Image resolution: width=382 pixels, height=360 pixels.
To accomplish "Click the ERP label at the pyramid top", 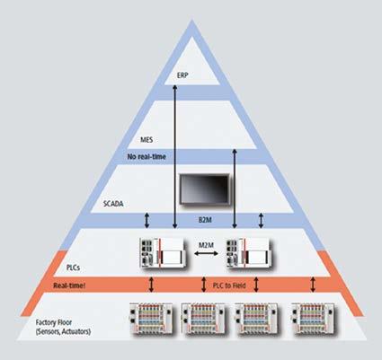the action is pos(182,75).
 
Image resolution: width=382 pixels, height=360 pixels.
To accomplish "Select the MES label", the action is pos(147,140).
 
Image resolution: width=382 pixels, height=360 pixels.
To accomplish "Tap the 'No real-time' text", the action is pos(147,156).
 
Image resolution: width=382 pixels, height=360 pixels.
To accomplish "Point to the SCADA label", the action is pos(113,204).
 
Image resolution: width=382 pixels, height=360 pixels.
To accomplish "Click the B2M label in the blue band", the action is pos(205,220).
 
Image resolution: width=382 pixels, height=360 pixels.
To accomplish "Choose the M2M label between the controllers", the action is pos(207,245).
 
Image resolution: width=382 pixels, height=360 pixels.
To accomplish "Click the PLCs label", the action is pos(73,268).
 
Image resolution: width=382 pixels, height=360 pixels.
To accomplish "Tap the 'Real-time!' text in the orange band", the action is pos(69,285).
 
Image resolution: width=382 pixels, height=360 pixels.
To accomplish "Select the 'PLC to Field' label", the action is pos(229,285).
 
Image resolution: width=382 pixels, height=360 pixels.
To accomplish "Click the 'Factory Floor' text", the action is pos(54,322).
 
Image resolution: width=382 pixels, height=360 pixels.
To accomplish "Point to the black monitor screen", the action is pos(205,189).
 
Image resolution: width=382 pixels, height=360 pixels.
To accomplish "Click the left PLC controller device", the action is pos(162,253).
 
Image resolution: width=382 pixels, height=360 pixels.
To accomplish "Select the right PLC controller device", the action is pos(249,253).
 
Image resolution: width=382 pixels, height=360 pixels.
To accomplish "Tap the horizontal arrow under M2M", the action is pos(207,254).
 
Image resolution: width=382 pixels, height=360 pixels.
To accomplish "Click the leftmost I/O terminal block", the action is pos(151,319).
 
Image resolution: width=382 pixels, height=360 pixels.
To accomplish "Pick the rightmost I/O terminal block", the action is pos(313,319).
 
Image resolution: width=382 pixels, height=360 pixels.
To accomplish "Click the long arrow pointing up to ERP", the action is pos(175,156).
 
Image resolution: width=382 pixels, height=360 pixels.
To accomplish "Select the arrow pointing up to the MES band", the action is pos(235,189).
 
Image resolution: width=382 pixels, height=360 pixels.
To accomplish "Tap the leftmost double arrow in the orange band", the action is pos(151,285).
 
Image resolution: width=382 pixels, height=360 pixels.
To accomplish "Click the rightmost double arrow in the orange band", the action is pos(313,285).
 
